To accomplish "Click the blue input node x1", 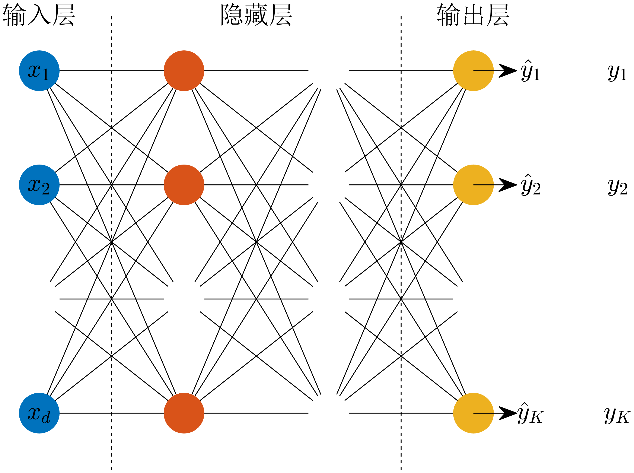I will pos(39,71).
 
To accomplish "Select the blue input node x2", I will pos(39,185).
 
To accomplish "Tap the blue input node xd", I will pos(39,413).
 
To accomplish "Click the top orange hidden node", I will pos(184,71).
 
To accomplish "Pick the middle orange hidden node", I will pos(184,185).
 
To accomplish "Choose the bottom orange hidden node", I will pos(184,413).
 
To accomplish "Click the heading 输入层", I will pos(39,15).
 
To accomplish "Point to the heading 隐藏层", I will pos(256,15).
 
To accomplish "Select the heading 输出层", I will pos(473,15).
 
